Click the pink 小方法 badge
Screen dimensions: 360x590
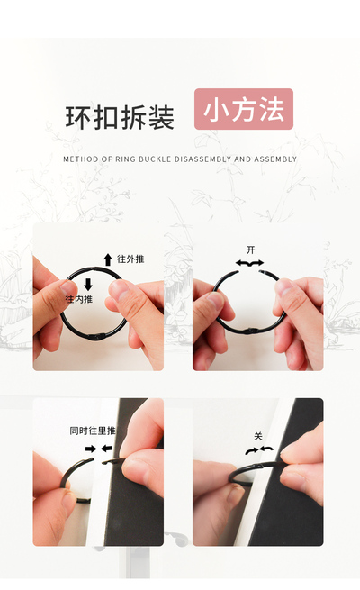pyautogui.click(x=244, y=109)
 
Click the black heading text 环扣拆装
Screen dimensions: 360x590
pyautogui.click(x=120, y=117)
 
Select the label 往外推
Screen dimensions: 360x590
pyautogui.click(x=130, y=259)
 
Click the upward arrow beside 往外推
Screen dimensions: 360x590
pyautogui.click(x=108, y=259)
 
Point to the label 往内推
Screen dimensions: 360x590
pyautogui.click(x=78, y=299)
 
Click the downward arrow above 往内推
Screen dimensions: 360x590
pyautogui.click(x=88, y=284)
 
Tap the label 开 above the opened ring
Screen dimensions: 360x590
pyautogui.click(x=250, y=250)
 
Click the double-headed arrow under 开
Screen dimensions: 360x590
pyautogui.click(x=250, y=263)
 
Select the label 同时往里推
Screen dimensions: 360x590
pyautogui.click(x=93, y=431)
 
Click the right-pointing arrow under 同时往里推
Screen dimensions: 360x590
pyautogui.click(x=91, y=449)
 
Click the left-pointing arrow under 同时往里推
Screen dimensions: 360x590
pyautogui.click(x=106, y=449)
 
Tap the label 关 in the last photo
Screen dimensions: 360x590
pyautogui.click(x=257, y=437)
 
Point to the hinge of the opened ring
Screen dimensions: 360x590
pyautogui.click(x=249, y=331)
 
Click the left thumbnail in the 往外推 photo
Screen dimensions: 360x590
pyautogui.click(x=68, y=288)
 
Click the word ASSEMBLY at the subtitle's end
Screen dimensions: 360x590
pyautogui.click(x=275, y=159)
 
